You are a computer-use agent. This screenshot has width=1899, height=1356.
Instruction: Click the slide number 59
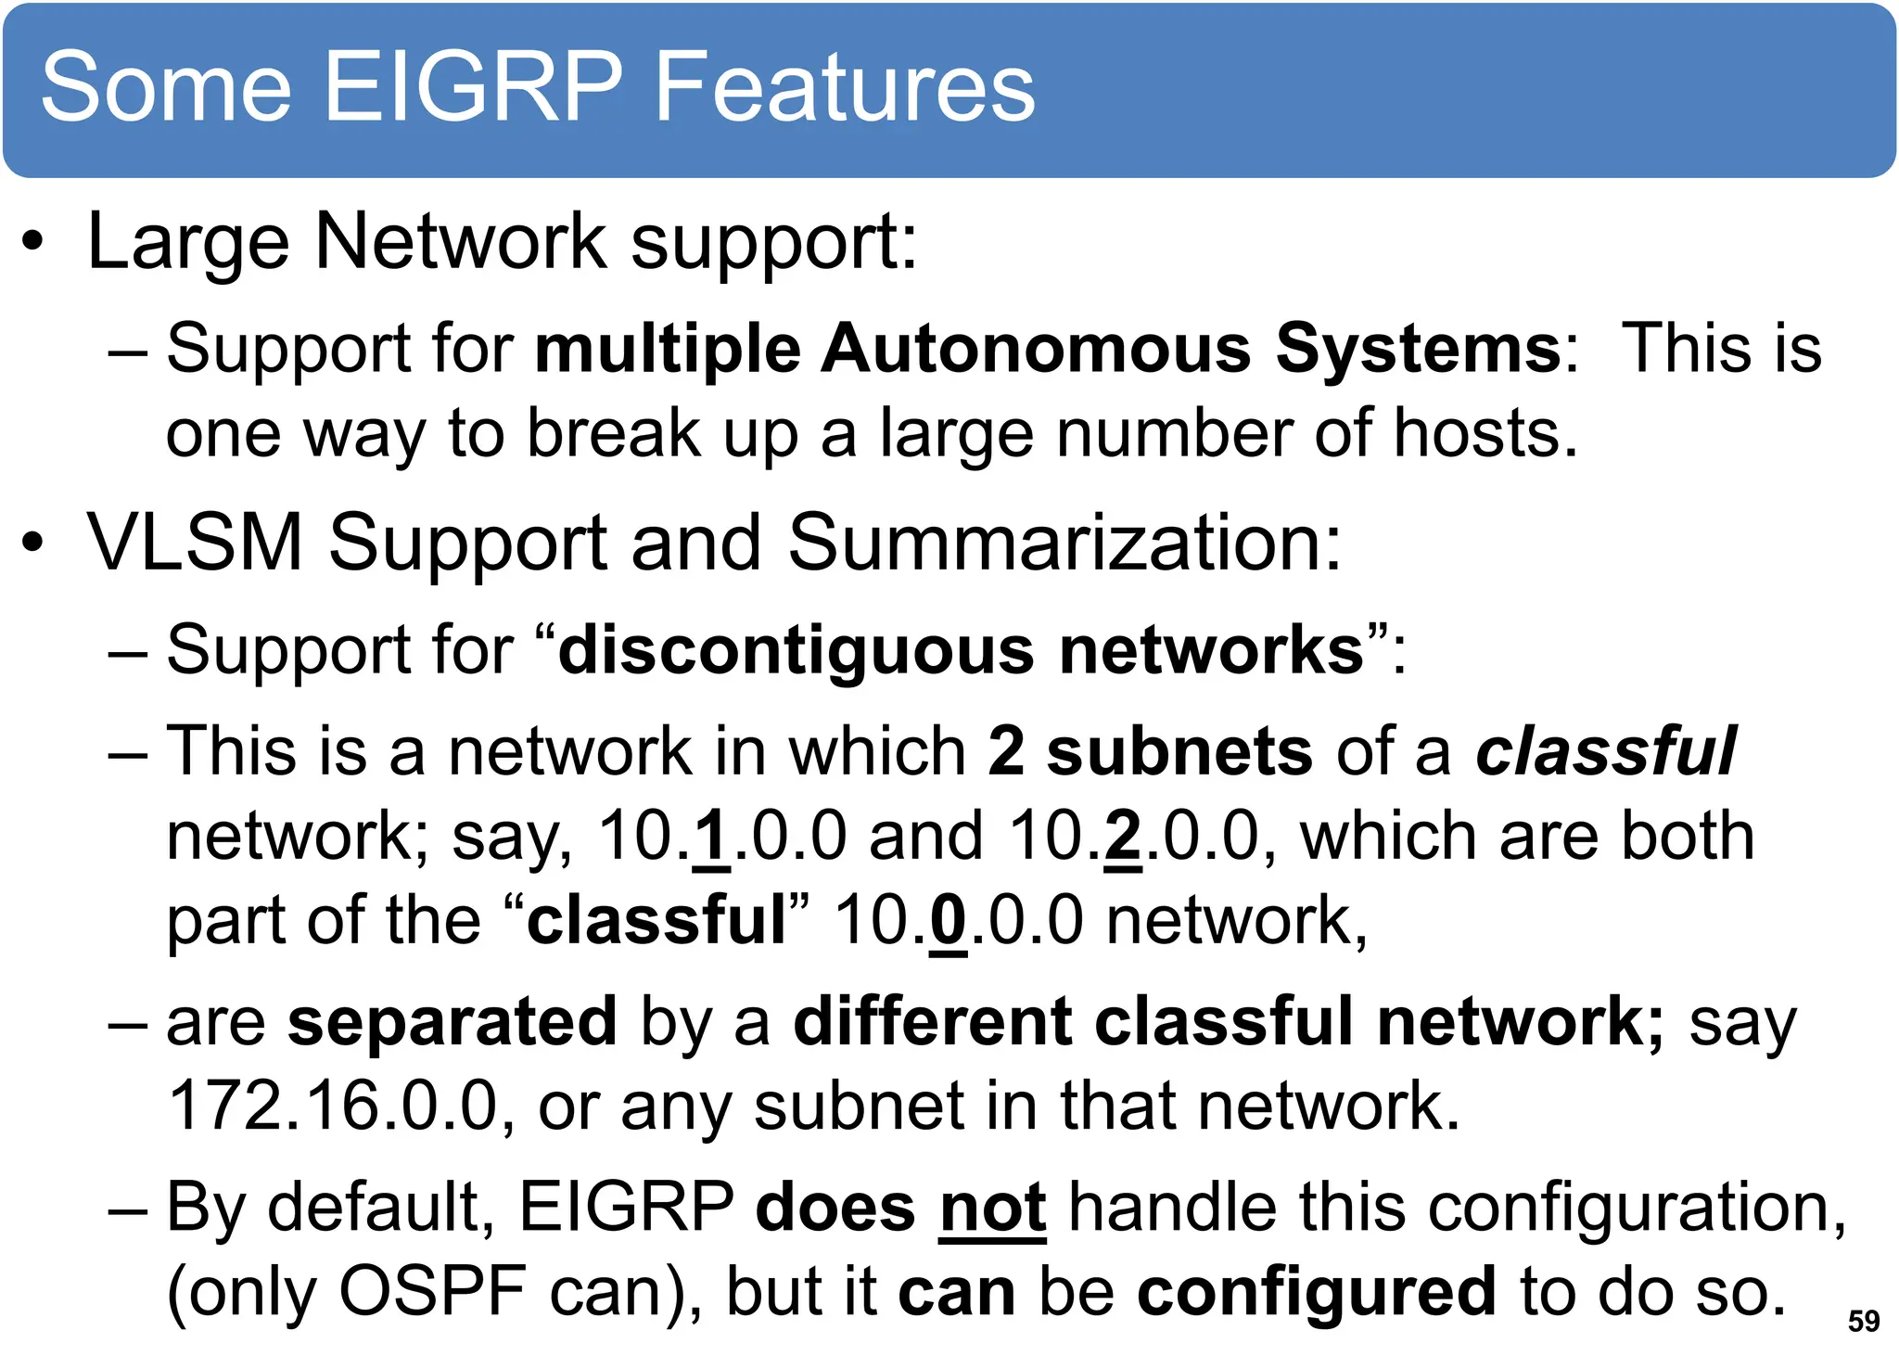pyautogui.click(x=1863, y=1321)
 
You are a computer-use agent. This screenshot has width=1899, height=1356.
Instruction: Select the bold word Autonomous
pyautogui.click(x=1036, y=349)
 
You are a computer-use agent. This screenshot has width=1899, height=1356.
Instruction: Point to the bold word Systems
pyautogui.click(x=1419, y=349)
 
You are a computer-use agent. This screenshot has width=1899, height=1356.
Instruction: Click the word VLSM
pyautogui.click(x=195, y=542)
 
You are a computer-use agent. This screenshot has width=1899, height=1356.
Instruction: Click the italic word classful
pyautogui.click(x=1605, y=750)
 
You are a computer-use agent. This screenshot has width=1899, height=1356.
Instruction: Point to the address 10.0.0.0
pyautogui.click(x=958, y=921)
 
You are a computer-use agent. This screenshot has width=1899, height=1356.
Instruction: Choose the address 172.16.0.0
pyautogui.click(x=334, y=1106)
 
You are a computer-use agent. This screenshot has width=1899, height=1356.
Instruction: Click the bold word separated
pyautogui.click(x=452, y=1021)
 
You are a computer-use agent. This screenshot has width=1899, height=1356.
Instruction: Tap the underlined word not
pyautogui.click(x=992, y=1208)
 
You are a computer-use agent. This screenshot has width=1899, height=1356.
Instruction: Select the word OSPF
pyautogui.click(x=432, y=1291)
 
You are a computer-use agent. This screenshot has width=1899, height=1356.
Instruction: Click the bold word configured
pyautogui.click(x=1316, y=1291)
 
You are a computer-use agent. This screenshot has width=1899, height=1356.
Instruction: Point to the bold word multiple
pyautogui.click(x=668, y=349)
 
